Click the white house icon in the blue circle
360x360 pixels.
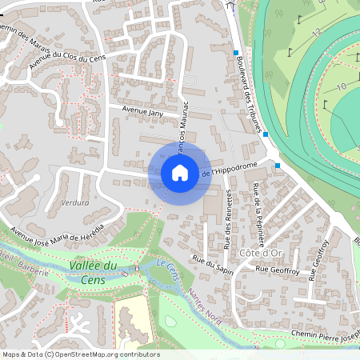180,172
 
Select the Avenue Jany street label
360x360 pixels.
142,112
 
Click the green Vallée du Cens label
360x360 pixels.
94,271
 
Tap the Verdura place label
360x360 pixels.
74,202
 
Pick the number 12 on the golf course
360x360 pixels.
318,33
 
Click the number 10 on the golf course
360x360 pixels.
340,86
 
